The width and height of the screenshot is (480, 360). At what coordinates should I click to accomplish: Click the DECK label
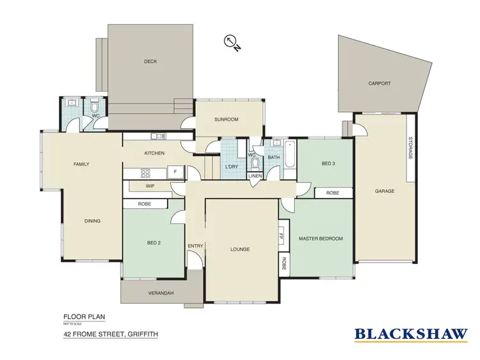150,61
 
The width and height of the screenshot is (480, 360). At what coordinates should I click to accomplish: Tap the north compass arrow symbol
231,42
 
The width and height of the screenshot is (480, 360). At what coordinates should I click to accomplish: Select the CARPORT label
379,83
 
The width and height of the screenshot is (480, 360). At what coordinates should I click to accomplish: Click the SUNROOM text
226,119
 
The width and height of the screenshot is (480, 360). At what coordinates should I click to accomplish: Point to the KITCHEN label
154,153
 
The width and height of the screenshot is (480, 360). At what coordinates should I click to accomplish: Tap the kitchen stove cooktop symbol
145,172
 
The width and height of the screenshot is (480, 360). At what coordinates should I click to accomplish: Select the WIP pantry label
150,186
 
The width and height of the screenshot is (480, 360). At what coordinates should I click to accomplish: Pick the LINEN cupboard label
255,176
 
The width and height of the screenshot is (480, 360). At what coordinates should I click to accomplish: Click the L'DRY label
232,167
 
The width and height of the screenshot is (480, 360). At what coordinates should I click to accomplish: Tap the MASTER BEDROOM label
321,238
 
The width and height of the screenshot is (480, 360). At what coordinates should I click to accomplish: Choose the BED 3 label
328,164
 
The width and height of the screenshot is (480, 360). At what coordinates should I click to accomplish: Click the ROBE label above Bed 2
145,204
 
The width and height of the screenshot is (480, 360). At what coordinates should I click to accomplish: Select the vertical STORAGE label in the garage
410,149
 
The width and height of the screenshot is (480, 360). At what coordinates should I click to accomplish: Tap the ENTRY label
195,246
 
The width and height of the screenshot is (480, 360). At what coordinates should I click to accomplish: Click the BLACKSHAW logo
410,332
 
